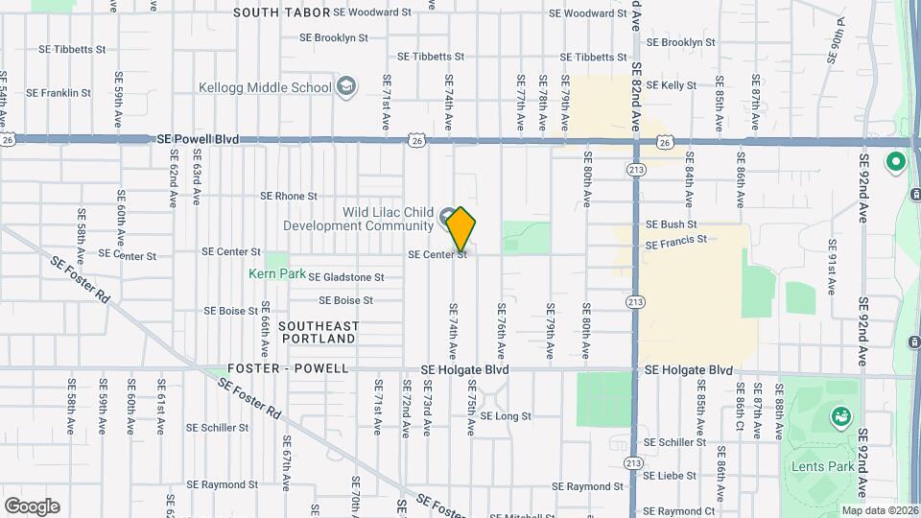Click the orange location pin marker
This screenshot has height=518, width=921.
click(461, 228)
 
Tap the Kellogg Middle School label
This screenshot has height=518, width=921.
click(265, 87)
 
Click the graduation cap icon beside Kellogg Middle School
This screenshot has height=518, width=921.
click(346, 88)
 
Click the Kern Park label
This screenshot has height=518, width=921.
click(277, 273)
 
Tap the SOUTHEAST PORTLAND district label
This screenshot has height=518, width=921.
click(318, 332)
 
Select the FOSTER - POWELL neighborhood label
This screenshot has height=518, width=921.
click(274, 368)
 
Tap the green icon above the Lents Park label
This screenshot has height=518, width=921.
click(841, 416)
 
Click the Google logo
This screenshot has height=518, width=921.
click(32, 506)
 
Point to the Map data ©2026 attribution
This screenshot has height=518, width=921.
click(880, 510)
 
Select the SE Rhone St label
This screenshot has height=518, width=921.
click(289, 196)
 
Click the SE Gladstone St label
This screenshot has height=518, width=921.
click(345, 277)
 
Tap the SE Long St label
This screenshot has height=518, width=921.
click(505, 416)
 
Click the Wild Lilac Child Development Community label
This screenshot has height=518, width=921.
click(359, 220)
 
